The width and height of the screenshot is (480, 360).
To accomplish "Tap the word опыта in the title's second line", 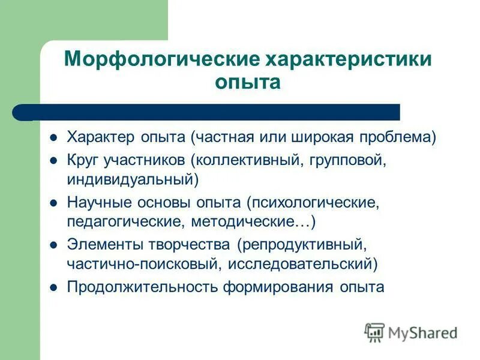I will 248,82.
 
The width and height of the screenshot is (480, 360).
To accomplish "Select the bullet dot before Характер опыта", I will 53,138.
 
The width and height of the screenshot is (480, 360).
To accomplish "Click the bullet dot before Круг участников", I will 53,161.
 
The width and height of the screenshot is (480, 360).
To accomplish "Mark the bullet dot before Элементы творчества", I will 53,245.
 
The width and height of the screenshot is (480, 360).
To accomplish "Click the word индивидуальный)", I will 133,179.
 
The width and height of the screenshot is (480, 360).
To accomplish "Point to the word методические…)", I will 253,221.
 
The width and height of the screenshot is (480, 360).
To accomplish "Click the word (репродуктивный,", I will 301,245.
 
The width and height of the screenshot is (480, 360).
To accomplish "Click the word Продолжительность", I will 142,287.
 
